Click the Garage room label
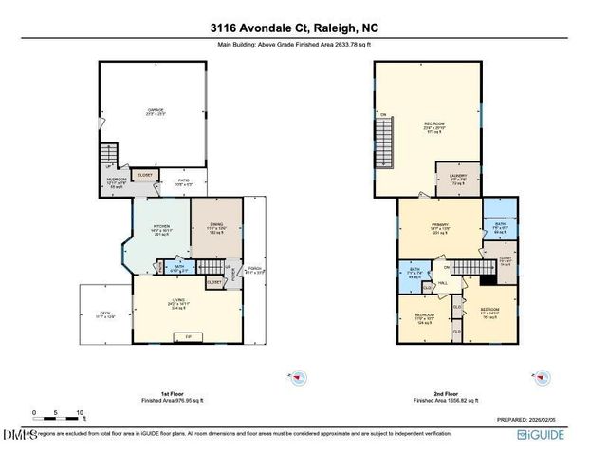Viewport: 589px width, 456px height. [156, 111]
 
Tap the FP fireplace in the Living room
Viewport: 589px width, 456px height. [188, 336]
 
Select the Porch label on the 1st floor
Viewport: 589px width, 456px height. [253, 268]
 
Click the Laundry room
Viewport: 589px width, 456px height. [455, 177]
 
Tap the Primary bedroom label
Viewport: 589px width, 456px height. [437, 228]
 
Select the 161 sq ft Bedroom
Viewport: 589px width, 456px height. [489, 314]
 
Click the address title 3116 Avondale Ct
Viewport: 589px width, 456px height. [294, 28]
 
